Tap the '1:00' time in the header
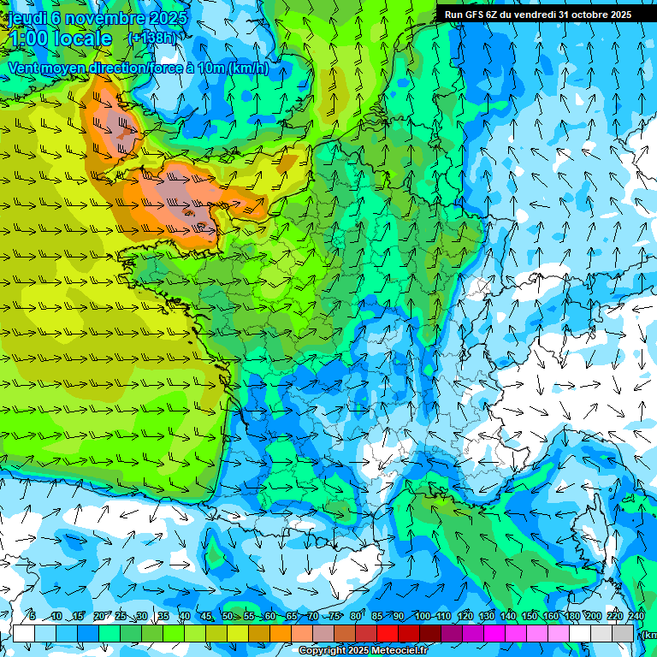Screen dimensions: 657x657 click(27, 38)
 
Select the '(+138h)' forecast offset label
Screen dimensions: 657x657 click(151, 38)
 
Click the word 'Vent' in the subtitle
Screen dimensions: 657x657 click(25, 68)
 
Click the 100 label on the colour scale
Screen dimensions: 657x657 click(422, 617)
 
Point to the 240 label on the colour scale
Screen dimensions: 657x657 click(636, 617)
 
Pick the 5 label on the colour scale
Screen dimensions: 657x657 click(33, 617)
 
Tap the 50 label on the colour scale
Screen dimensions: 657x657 click(227, 617)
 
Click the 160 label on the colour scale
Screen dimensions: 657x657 click(551, 617)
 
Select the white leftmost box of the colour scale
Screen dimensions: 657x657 click(24, 633)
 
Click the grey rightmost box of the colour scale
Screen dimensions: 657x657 click(624, 633)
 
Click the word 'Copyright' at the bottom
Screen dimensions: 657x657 click(324, 651)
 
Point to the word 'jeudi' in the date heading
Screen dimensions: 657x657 click(22, 17)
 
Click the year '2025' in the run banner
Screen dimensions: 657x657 click(619, 15)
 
